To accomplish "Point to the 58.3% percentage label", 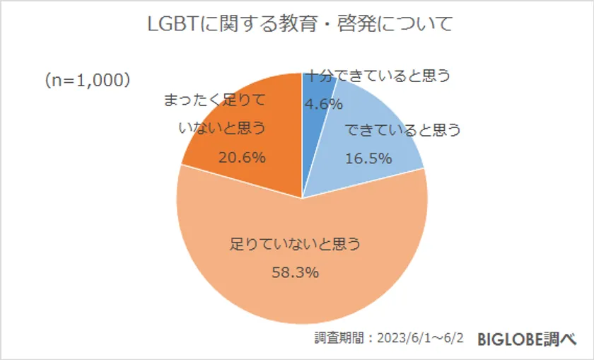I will [x=296, y=272].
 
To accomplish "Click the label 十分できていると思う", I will [x=378, y=76].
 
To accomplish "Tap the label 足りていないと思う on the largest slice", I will [x=296, y=245].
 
